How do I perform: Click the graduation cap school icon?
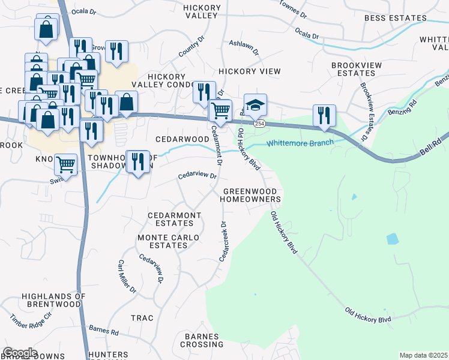tap(255, 106)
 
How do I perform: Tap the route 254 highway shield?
tap(259, 124)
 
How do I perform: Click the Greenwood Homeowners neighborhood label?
tap(252, 195)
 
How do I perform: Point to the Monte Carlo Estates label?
tap(168, 241)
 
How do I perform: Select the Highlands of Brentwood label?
tap(51, 300)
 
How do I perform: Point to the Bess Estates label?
tap(395, 19)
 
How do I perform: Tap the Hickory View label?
tap(250, 71)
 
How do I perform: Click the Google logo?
tap(20, 352)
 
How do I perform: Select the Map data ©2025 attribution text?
tap(423, 355)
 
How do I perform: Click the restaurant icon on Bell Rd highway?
tap(324, 116)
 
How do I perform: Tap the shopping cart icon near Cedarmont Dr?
tap(220, 111)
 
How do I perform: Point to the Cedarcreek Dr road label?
tap(224, 241)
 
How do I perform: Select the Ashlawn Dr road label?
tap(244, 49)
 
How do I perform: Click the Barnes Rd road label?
tap(104, 331)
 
